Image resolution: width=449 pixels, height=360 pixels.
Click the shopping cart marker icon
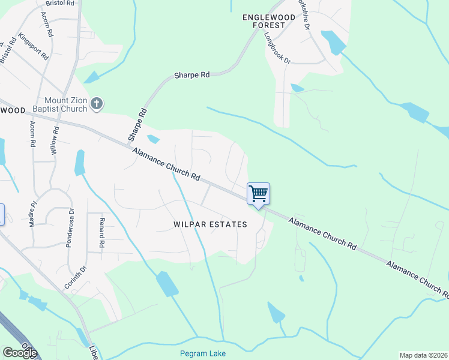(258, 194)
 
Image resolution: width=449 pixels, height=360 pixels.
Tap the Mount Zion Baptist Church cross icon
(96, 104)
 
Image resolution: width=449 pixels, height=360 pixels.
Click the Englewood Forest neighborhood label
(269, 22)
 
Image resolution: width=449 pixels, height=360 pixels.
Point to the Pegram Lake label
(203, 353)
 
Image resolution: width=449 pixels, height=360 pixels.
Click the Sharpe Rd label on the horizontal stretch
(191, 75)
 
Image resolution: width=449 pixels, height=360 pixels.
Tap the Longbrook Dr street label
(277, 48)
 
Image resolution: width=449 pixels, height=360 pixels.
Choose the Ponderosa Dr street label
(71, 229)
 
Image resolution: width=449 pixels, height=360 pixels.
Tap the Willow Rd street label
(55, 141)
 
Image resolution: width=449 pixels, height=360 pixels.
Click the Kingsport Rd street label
(33, 46)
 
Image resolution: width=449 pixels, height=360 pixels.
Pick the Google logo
(19, 353)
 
